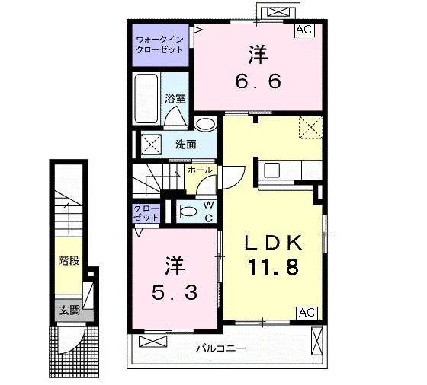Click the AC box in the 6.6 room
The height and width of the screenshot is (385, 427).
pyautogui.click(x=305, y=30)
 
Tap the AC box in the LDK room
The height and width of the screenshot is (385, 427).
pyautogui.click(x=307, y=313)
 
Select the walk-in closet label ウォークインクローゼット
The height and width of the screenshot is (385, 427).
pyautogui.click(x=159, y=45)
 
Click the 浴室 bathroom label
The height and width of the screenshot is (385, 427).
pyautogui.click(x=175, y=99)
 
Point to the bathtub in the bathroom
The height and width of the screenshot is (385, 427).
pyautogui.click(x=146, y=98)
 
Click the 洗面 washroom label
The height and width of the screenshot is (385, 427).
pyautogui.click(x=186, y=145)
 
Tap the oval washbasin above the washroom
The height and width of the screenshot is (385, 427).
pyautogui.click(x=206, y=125)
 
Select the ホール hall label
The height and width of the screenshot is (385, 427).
pyautogui.click(x=200, y=170)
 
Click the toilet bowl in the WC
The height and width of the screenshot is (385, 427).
pyautogui.click(x=188, y=212)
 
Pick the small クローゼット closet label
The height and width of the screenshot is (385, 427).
pyautogui.click(x=146, y=213)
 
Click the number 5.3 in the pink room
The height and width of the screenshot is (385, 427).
pyautogui.click(x=175, y=293)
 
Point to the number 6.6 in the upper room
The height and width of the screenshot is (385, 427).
pyautogui.click(x=258, y=81)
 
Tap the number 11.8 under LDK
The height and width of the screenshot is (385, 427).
pyautogui.click(x=273, y=267)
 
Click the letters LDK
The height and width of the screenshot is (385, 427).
pyautogui.click(x=274, y=243)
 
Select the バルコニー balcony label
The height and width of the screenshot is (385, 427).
pyautogui.click(x=221, y=348)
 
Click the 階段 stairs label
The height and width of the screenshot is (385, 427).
pyautogui.click(x=69, y=260)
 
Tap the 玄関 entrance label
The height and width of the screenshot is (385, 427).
pyautogui.click(x=69, y=310)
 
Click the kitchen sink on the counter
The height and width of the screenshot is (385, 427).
pyautogui.click(x=271, y=170)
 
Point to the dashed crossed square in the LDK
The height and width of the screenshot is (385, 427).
pyautogui.click(x=311, y=127)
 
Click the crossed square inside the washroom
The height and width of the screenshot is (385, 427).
pyautogui.click(x=151, y=145)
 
